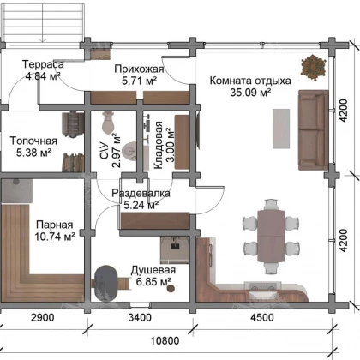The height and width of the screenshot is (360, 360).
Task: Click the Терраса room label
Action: click(43, 64)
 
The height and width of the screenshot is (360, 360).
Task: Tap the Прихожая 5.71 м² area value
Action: click(139, 81)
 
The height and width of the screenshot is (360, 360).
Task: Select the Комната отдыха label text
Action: click(250, 81)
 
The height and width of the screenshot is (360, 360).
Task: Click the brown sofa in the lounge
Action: click(314, 130)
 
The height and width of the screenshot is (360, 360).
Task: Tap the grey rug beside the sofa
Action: click(281, 129)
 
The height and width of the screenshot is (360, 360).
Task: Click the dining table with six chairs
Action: click(271, 236)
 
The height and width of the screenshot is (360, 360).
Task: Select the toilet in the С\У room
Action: click(108, 123)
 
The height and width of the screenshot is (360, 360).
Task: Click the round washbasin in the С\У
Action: click(129, 151)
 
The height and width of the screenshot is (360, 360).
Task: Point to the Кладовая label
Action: click(158, 145)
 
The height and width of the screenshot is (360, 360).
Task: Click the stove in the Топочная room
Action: click(73, 124)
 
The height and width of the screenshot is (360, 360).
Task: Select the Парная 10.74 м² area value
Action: click(55, 237)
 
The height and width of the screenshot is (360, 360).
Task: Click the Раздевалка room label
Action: click(141, 193)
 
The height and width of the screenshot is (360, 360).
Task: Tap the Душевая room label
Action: click(153, 270)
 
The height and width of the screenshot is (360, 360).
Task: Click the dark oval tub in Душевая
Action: click(105, 283)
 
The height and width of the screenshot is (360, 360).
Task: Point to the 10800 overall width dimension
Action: click(165, 340)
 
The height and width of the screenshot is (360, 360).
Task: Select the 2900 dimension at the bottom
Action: click(42, 317)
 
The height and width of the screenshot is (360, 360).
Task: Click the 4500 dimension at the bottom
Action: click(262, 317)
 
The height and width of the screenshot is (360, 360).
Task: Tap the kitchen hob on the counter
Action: click(263, 285)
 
